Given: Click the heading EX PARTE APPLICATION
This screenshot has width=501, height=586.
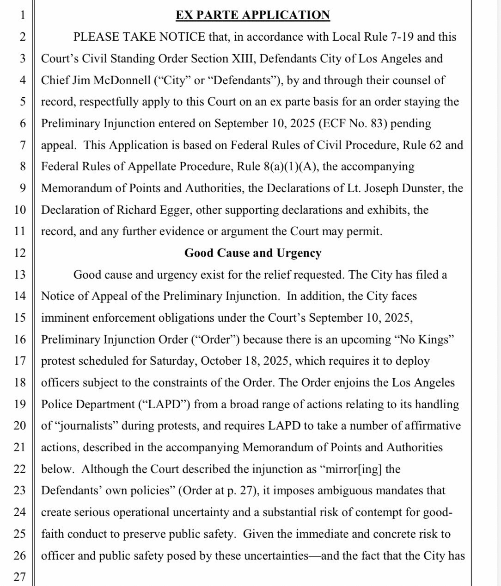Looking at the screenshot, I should pyautogui.click(x=253, y=15).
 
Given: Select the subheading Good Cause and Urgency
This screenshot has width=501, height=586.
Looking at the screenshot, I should pyautogui.click(x=253, y=253).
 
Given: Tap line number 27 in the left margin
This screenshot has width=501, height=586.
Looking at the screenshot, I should pyautogui.click(x=19, y=577).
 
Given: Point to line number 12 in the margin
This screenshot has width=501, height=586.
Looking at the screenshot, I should pyautogui.click(x=19, y=253).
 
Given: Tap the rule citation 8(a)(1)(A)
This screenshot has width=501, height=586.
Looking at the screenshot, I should pyautogui.click(x=291, y=167).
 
